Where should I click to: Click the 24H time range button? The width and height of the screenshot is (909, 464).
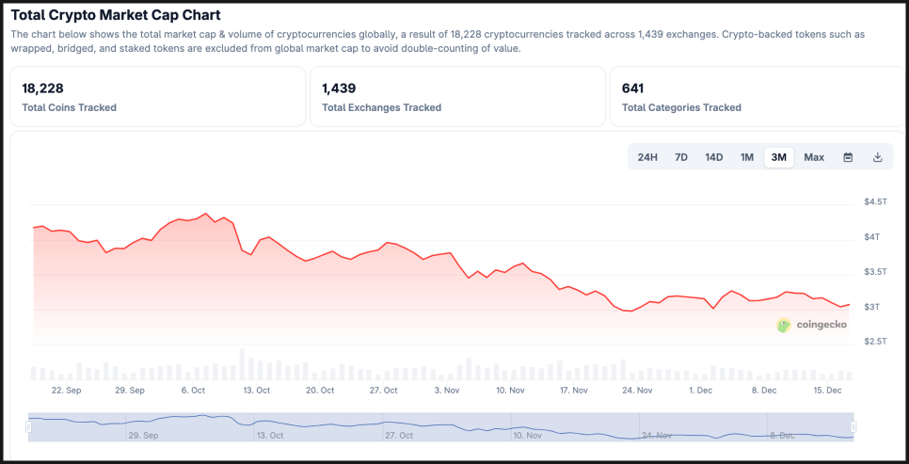click(x=647, y=157)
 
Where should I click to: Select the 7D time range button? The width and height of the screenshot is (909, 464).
click(x=681, y=157)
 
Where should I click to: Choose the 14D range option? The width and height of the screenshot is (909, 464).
click(x=714, y=157)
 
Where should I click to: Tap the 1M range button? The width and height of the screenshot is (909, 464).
click(x=747, y=157)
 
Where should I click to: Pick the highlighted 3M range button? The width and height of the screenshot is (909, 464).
click(x=779, y=157)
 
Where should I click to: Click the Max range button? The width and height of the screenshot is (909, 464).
click(x=814, y=157)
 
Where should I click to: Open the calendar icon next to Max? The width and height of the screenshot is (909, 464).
click(x=848, y=157)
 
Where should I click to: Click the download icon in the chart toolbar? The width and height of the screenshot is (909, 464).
click(x=878, y=157)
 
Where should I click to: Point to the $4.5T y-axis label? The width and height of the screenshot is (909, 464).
click(x=875, y=202)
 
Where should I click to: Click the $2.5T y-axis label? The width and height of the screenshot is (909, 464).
click(x=875, y=341)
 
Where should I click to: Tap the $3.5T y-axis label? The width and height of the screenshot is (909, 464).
click(x=875, y=272)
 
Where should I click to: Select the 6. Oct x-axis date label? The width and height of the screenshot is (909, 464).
click(x=193, y=390)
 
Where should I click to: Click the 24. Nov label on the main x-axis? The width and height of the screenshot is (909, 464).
click(x=637, y=390)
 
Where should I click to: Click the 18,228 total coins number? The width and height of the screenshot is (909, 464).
click(x=43, y=88)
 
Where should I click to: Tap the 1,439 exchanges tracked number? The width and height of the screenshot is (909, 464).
click(x=339, y=88)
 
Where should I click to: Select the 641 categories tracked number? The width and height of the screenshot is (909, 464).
click(x=632, y=88)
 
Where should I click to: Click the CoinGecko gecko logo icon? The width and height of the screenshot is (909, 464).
click(x=784, y=325)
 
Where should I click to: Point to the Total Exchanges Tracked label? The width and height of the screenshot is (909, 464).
click(x=381, y=107)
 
